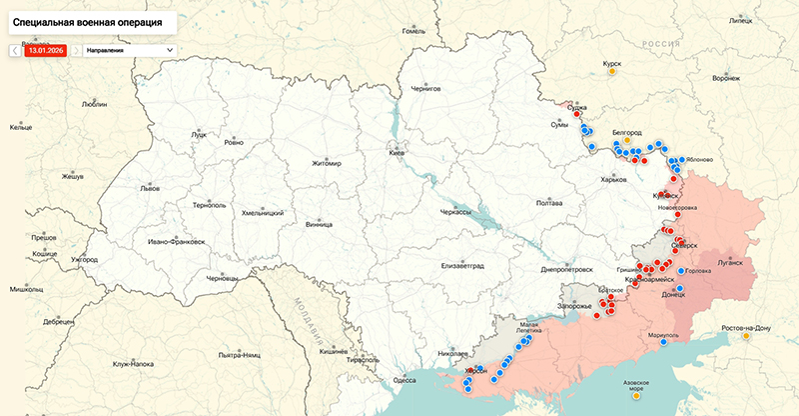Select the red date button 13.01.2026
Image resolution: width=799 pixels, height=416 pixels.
pos(46,49)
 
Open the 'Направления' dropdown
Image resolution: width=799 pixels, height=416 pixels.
pos(128,49)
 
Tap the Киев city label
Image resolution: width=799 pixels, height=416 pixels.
pos(397,153)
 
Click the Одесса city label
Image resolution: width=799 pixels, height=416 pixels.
pos(404,380)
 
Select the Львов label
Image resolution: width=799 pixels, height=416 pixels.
pos(149,188)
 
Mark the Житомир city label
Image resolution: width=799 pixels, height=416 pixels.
pos(326,163)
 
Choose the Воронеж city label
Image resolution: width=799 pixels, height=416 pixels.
pos(727,78)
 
